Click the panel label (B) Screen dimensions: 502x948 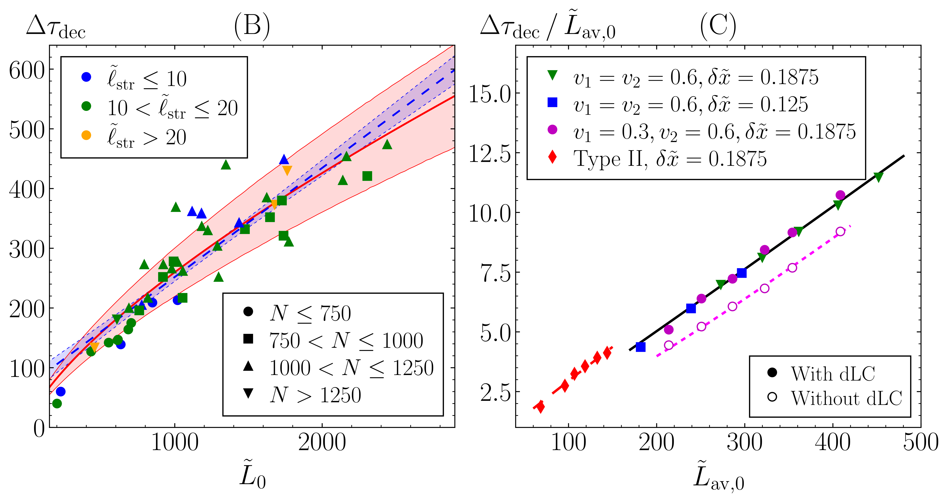click(x=252, y=27)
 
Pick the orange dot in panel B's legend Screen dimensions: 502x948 click(x=86, y=135)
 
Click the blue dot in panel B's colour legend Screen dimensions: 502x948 click(x=86, y=77)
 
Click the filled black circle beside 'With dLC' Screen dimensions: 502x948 click(x=772, y=372)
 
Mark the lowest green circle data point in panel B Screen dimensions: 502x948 click(x=57, y=403)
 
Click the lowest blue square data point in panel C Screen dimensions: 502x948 click(x=641, y=347)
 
